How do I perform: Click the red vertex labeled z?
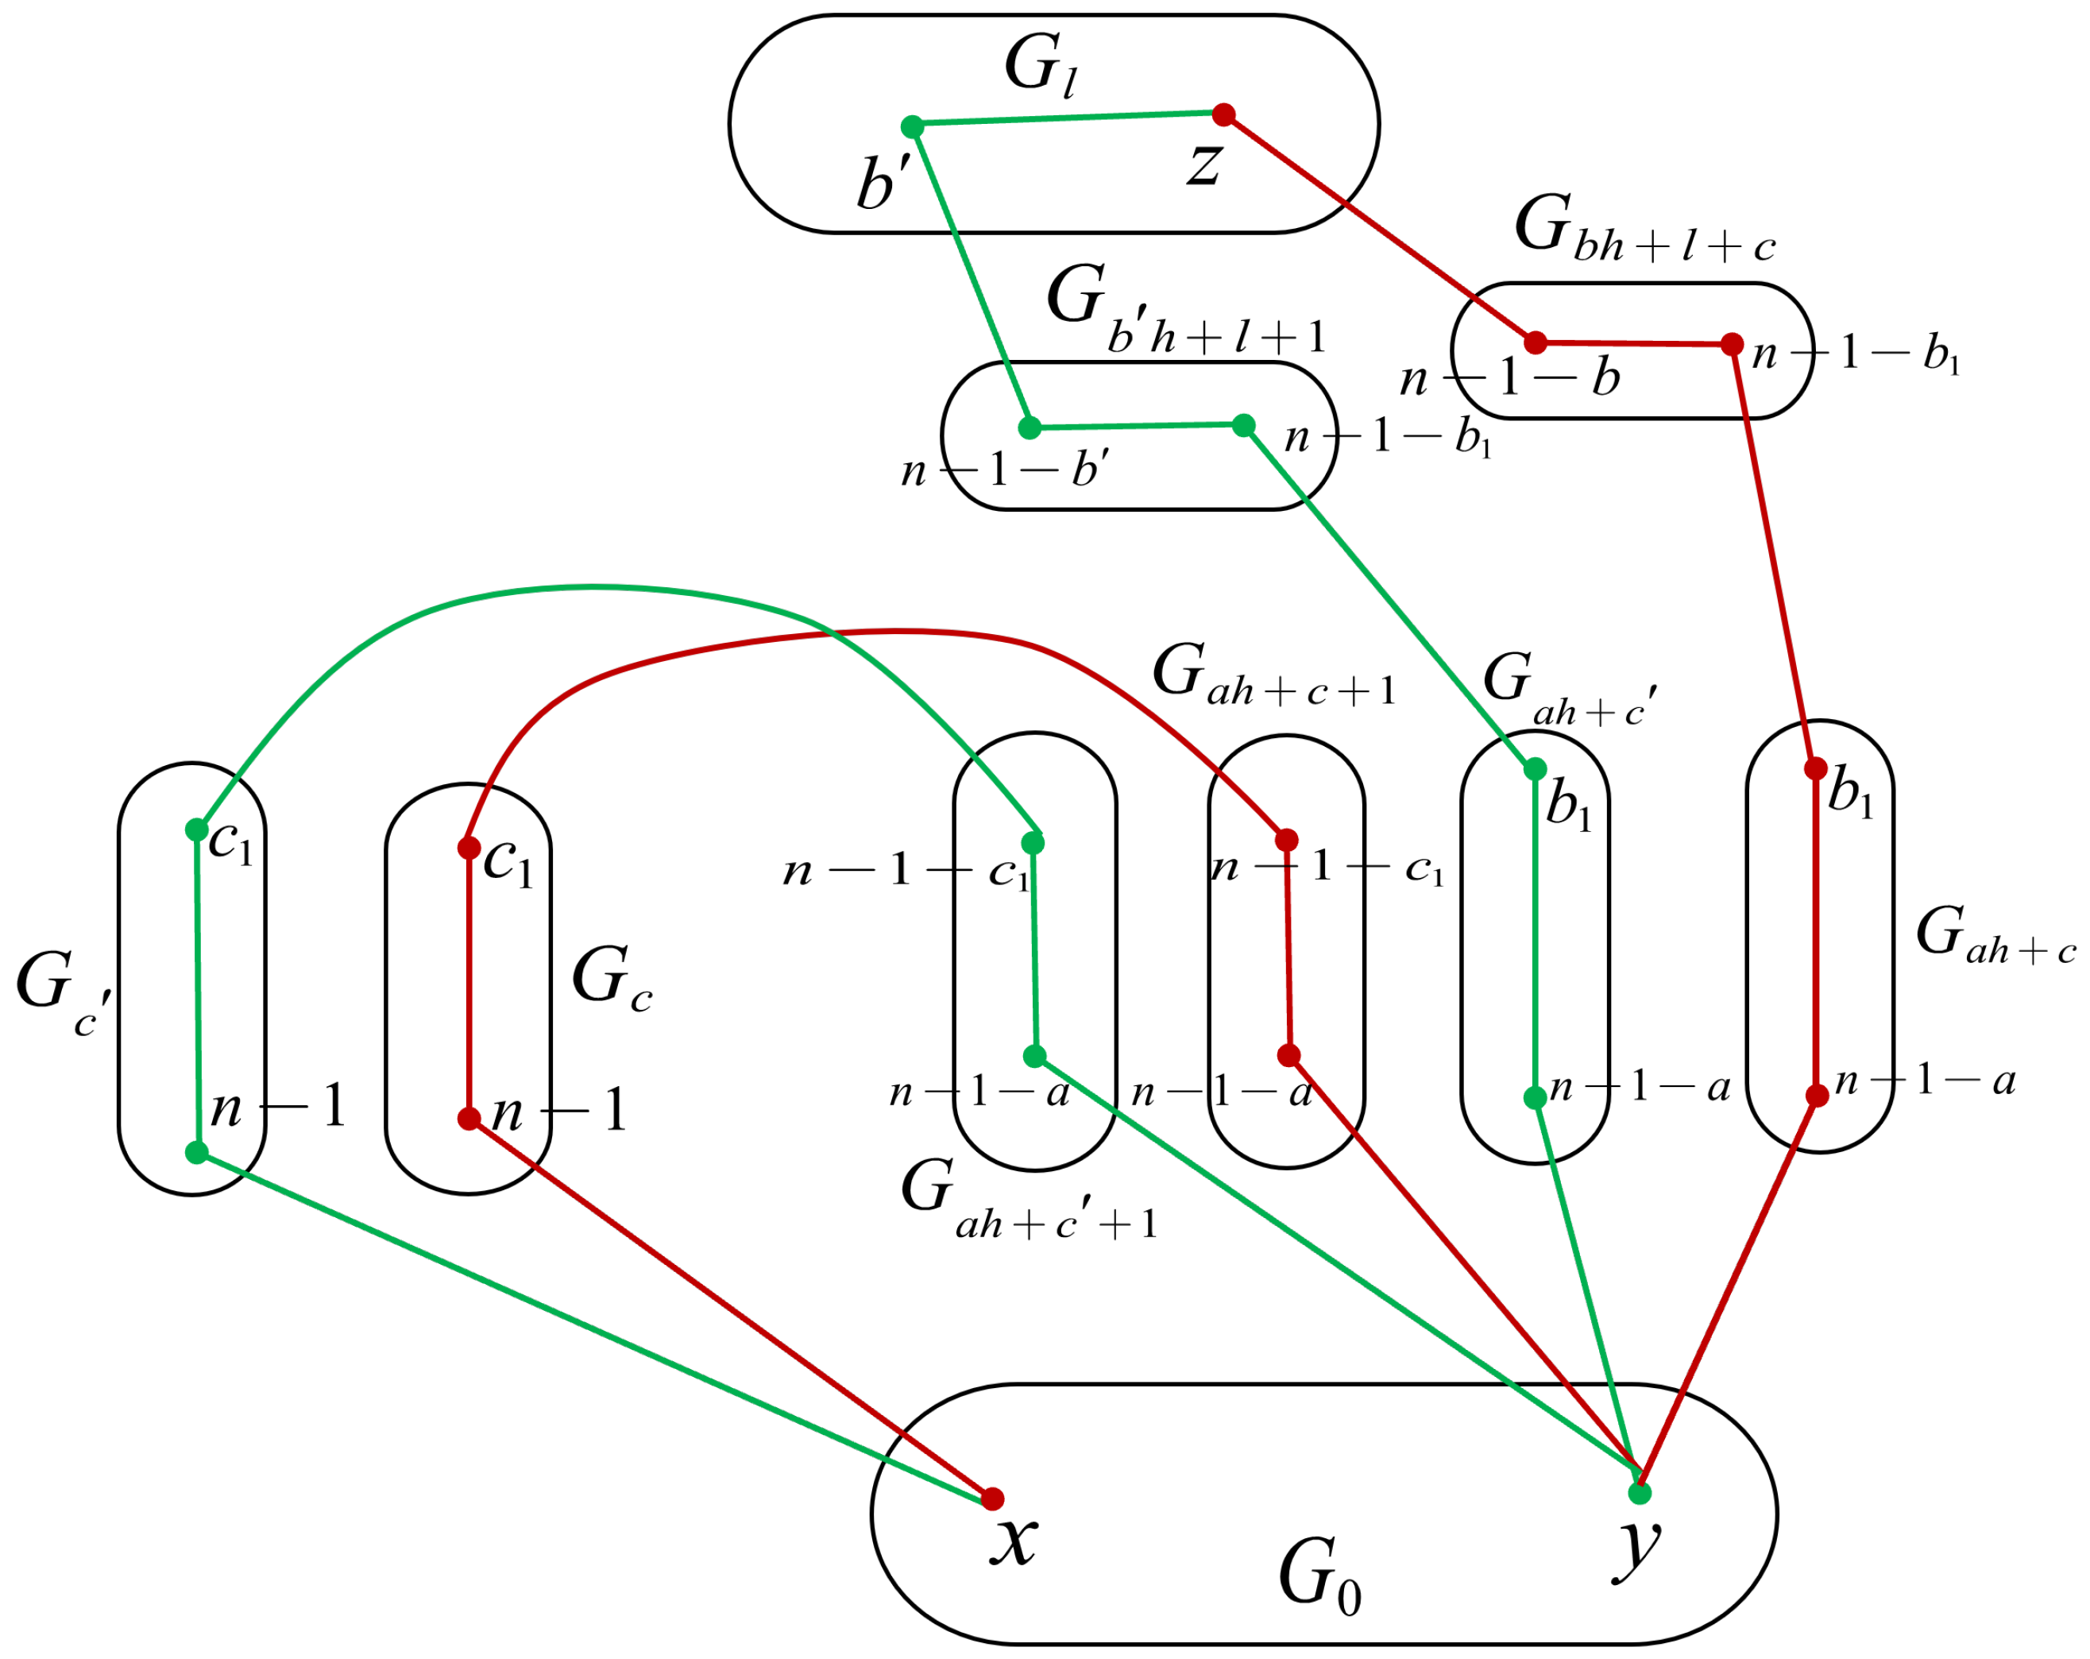(x=1224, y=114)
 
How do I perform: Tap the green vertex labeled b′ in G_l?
(x=912, y=126)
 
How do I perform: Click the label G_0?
(x=1319, y=1575)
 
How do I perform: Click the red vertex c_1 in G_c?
(x=469, y=849)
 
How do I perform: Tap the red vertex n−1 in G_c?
(x=469, y=1119)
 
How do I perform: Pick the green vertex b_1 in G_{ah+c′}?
(x=1536, y=769)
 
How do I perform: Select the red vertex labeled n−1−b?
(x=1536, y=342)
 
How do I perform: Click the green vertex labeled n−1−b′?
(x=1030, y=427)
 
